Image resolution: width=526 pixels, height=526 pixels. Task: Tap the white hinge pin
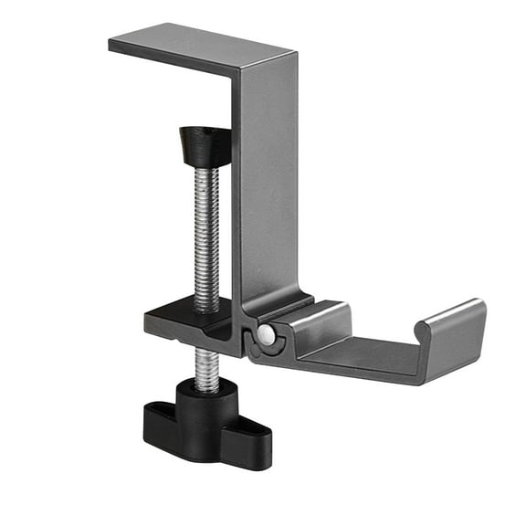(x=265, y=335)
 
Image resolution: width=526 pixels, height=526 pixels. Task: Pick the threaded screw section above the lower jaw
(x=205, y=237)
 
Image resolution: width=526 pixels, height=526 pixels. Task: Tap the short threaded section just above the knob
(x=206, y=369)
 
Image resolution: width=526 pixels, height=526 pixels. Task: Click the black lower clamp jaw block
(x=187, y=325)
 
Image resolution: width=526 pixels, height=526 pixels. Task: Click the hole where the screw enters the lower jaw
(x=206, y=311)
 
